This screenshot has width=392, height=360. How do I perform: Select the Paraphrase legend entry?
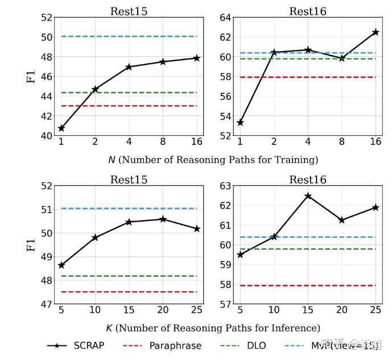click(162, 345)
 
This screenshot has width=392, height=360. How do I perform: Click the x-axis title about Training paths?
click(213, 160)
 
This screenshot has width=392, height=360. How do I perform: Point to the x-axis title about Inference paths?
click(213, 328)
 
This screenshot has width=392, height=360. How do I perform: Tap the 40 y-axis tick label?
click(46, 136)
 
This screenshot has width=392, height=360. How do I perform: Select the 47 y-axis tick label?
click(46, 304)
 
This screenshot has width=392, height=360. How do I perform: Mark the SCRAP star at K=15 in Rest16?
click(308, 196)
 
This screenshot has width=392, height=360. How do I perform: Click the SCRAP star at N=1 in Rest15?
click(61, 129)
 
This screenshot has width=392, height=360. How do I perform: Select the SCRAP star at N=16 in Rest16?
click(376, 32)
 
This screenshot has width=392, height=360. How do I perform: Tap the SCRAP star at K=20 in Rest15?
click(163, 219)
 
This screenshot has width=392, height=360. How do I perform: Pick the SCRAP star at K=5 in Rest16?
click(240, 255)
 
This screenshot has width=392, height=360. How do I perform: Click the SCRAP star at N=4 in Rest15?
click(129, 67)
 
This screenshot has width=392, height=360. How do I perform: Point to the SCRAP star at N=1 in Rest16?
click(240, 123)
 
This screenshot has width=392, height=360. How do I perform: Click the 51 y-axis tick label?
click(46, 210)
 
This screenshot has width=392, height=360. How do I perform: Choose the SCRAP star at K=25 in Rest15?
click(197, 229)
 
